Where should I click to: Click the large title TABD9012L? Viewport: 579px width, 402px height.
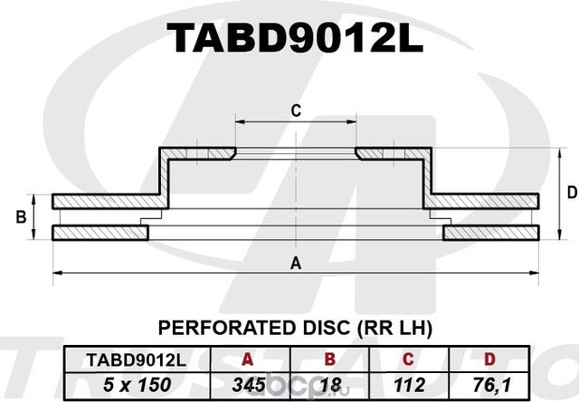coord(295,37)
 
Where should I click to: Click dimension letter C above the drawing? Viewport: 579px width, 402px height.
coord(296,110)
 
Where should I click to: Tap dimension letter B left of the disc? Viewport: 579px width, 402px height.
coord(21,217)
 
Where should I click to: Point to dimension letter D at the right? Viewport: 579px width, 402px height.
coord(572,193)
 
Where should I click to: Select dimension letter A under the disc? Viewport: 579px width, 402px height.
coord(296,263)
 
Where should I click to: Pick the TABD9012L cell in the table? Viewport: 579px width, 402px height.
coord(137,359)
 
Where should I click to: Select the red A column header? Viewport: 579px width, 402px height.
coord(247,359)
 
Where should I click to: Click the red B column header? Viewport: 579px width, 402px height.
coord(329,359)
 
